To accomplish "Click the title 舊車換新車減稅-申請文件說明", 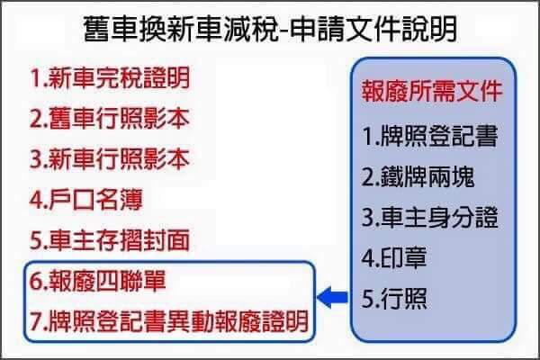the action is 270,29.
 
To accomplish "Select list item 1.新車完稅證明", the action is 110,78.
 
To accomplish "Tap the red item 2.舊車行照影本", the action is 110,119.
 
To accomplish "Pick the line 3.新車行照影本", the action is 110,159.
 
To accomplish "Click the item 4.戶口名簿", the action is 86,200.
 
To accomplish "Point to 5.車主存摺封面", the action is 110,240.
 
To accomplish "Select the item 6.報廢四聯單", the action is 98,281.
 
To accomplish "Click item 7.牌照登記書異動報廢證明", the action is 169,321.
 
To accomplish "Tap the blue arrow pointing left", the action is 332,297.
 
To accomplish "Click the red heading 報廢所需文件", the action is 432,92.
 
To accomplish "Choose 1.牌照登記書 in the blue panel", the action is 430,136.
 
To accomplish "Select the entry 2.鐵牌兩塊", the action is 418,177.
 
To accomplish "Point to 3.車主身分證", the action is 430,218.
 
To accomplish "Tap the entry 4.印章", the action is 394,258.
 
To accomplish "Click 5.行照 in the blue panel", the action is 394,299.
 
